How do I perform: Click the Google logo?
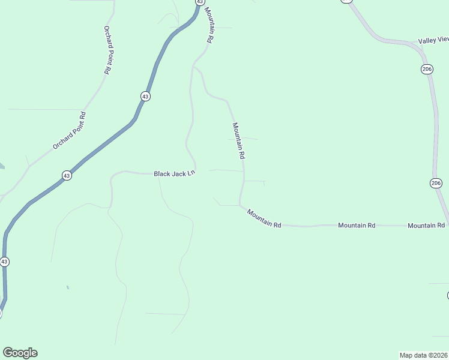coord(20,353)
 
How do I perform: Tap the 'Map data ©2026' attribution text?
coord(423,355)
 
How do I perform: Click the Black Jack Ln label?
coord(175,173)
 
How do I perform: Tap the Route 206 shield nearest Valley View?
coord(427,70)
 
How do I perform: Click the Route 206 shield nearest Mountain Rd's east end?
coord(436,182)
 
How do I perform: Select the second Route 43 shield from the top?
coord(145,96)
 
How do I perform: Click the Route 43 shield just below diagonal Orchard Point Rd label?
coord(67,176)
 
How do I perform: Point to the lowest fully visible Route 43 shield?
coord(4,262)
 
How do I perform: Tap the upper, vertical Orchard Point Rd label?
coord(107,50)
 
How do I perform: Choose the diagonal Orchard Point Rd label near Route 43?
coord(70,130)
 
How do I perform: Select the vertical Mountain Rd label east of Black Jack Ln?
coord(239,140)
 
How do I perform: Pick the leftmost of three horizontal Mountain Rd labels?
coord(264,219)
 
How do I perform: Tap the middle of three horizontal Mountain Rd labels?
coord(356,225)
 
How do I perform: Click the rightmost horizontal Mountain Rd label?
coord(426,225)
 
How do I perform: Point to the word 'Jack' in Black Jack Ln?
coord(179,173)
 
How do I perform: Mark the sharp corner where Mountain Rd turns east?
coord(241,206)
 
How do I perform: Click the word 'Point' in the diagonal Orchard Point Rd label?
coord(70,130)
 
